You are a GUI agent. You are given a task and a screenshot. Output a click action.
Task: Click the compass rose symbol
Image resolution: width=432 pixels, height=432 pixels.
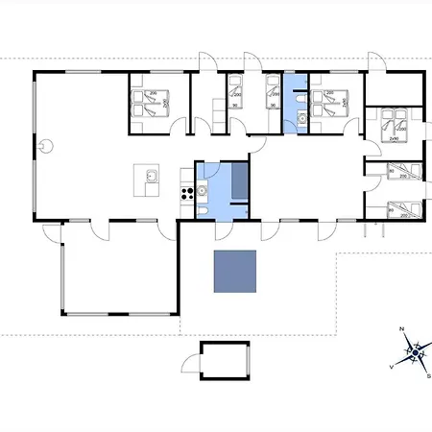tap(415, 352)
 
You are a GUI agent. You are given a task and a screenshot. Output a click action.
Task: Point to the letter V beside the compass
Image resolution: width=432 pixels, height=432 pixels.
tap(391, 367)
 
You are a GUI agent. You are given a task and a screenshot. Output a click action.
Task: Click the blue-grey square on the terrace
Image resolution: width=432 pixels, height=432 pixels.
tap(234, 272)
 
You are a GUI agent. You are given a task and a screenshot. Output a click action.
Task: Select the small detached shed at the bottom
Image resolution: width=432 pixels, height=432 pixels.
tap(227, 360)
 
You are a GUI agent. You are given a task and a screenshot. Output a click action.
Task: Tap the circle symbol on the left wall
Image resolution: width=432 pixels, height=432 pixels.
tap(45, 147)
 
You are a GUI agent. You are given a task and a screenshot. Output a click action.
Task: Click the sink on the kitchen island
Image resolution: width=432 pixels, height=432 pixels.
tap(150, 176)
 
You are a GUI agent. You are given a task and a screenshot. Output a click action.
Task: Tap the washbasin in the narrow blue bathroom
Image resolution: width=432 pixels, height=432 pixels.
tap(300, 120)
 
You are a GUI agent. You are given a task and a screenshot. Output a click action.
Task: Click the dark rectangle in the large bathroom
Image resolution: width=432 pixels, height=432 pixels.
tap(240, 180)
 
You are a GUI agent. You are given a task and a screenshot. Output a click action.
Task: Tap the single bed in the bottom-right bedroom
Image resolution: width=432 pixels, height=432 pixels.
tap(396, 209)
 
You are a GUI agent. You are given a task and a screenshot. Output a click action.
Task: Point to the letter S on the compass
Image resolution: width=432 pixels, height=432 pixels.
tap(428, 376)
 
